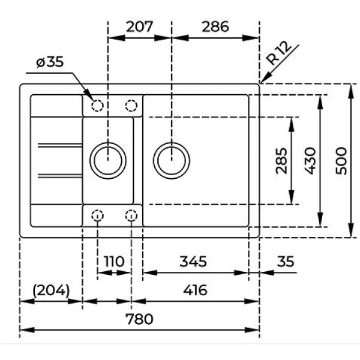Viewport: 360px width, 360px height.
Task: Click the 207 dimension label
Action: coord(140,26)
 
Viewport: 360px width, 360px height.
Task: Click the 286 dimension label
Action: coord(215,26)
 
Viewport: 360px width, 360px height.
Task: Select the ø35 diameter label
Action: coord(49,62)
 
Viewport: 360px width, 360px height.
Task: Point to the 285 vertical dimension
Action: coord(281,160)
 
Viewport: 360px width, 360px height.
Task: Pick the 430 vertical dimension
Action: coord(310,161)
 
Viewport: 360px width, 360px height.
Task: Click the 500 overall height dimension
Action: coord(341,161)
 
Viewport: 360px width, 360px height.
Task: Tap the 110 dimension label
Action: coord(113,262)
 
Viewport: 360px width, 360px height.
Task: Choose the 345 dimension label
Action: coord(193,262)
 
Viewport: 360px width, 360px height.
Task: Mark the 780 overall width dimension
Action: coord(140,319)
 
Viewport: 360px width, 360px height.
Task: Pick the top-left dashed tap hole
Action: coord(97,106)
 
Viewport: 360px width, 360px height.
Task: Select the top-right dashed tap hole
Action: coord(131,106)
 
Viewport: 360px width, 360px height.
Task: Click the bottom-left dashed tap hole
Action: coord(97,215)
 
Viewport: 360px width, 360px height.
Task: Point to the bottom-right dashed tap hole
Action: coord(131,215)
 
